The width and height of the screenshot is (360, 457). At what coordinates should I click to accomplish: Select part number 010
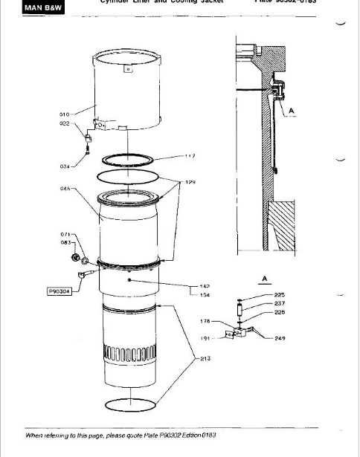[64, 114]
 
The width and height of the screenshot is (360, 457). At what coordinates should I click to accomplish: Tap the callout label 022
[64, 123]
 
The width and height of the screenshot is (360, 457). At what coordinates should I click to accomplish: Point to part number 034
[65, 166]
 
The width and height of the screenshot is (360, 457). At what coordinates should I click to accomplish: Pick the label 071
[65, 234]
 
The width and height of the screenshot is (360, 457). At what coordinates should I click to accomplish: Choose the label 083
[65, 242]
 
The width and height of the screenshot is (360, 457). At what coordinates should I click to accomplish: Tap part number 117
[190, 156]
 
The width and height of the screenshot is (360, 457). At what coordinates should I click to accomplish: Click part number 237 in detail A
[280, 303]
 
